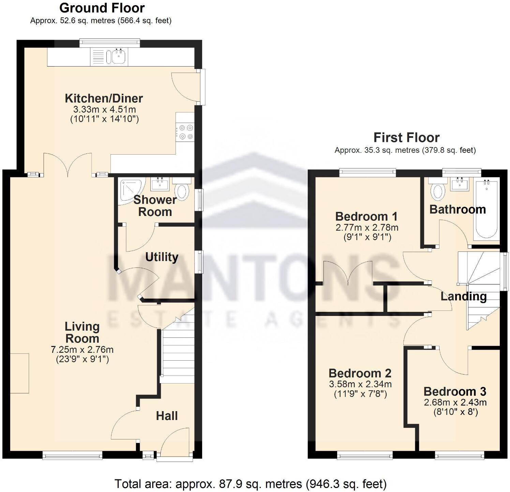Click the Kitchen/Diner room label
[104, 99]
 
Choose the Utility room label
[162, 257]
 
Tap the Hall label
[167, 416]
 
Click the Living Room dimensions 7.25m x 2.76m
[82, 350]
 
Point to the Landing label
[463, 296]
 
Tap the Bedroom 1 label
[366, 216]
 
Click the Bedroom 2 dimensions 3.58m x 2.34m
[360, 384]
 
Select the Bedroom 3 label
[455, 391]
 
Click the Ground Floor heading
[102, 8]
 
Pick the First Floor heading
[406, 138]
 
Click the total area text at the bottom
[250, 484]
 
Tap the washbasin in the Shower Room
[160, 184]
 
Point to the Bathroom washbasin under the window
[460, 184]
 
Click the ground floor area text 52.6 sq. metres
[101, 20]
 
